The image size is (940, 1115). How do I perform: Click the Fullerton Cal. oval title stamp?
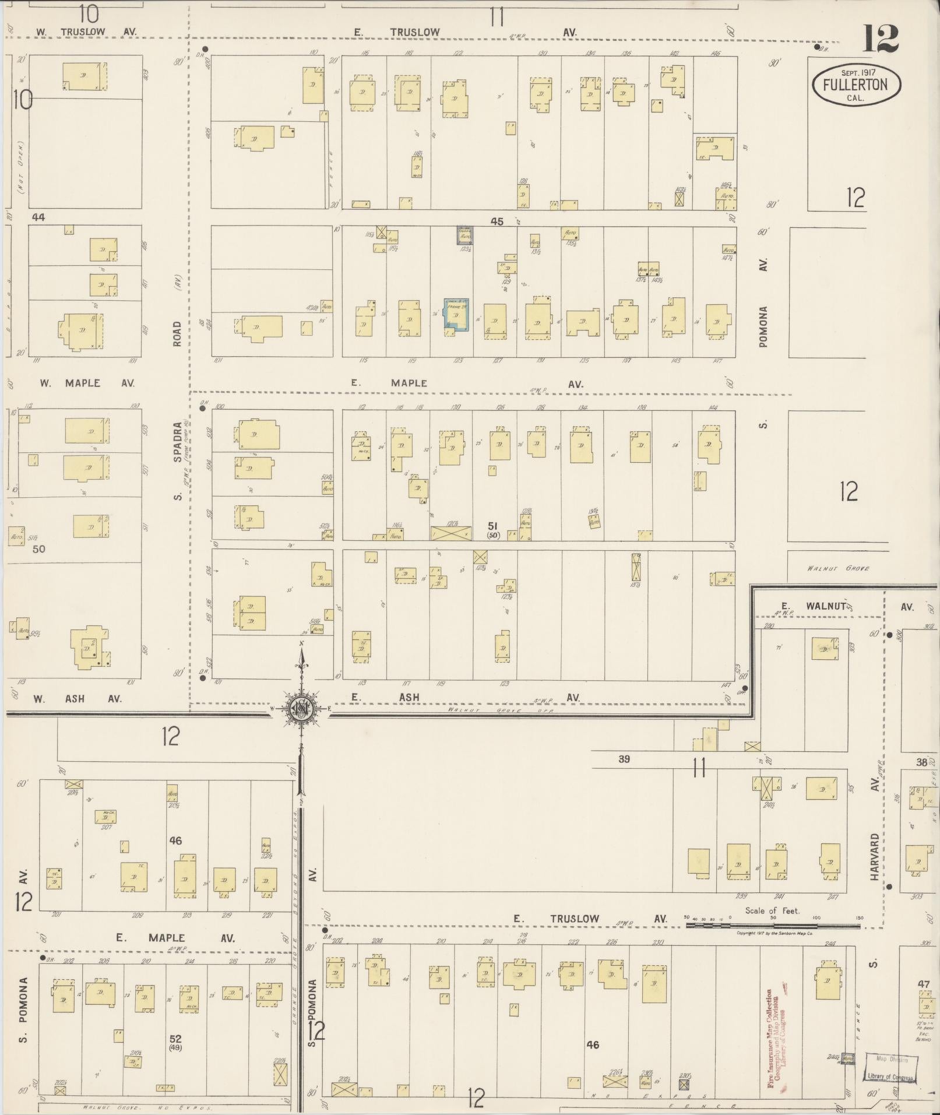(x=855, y=85)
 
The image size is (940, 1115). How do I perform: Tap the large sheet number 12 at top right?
(x=880, y=39)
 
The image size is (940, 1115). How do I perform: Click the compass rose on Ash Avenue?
(x=301, y=709)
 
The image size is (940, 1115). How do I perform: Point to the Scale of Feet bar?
(x=773, y=924)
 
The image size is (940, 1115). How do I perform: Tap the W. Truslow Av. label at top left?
(x=86, y=31)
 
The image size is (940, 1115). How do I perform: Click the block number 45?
(x=497, y=221)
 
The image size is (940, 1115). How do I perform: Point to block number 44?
(x=38, y=217)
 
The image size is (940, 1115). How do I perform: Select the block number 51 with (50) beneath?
(x=493, y=529)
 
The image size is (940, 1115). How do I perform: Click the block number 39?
(x=624, y=759)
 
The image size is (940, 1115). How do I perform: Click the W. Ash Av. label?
(x=76, y=698)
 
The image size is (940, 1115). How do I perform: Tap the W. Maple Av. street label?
(x=86, y=383)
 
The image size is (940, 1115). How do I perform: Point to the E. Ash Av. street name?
(x=465, y=697)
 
